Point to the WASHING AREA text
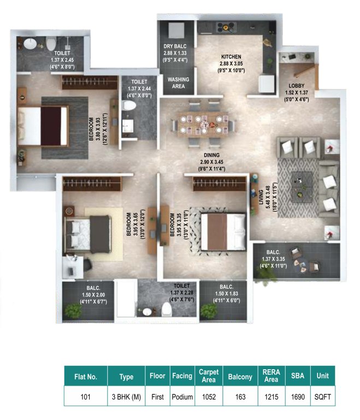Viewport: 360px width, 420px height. tap(178, 83)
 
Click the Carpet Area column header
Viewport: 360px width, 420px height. tap(209, 376)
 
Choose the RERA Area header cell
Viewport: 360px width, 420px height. tap(271, 376)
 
